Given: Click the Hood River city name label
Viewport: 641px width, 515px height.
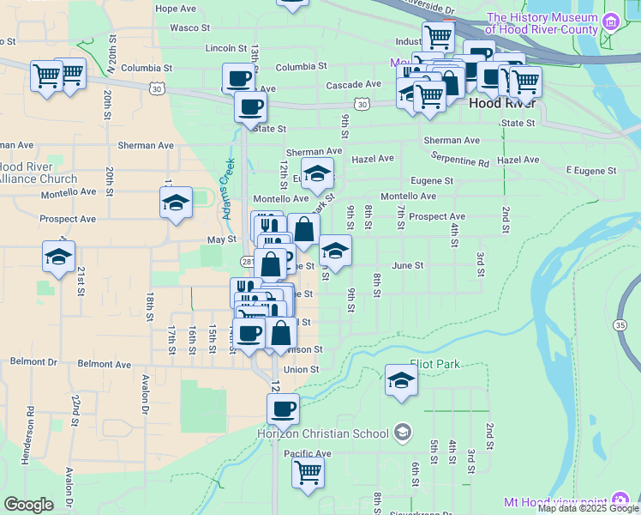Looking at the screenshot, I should [x=502, y=103].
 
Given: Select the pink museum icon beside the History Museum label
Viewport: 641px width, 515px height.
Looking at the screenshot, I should [x=611, y=21].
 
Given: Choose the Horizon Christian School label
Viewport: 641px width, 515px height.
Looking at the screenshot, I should [x=324, y=433].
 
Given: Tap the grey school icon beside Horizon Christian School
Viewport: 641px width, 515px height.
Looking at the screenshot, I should [x=403, y=433].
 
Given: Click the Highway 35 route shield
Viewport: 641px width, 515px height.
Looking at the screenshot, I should [x=620, y=324].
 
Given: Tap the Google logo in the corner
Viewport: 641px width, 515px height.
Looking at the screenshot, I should [x=28, y=505].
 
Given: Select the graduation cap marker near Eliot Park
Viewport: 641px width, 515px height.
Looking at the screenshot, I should [x=400, y=379].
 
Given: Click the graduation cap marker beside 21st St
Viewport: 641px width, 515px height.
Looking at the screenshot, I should [x=59, y=256].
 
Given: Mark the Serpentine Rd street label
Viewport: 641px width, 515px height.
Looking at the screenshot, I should [x=459, y=161].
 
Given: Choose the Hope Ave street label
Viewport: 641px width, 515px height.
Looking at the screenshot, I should [x=176, y=9].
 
